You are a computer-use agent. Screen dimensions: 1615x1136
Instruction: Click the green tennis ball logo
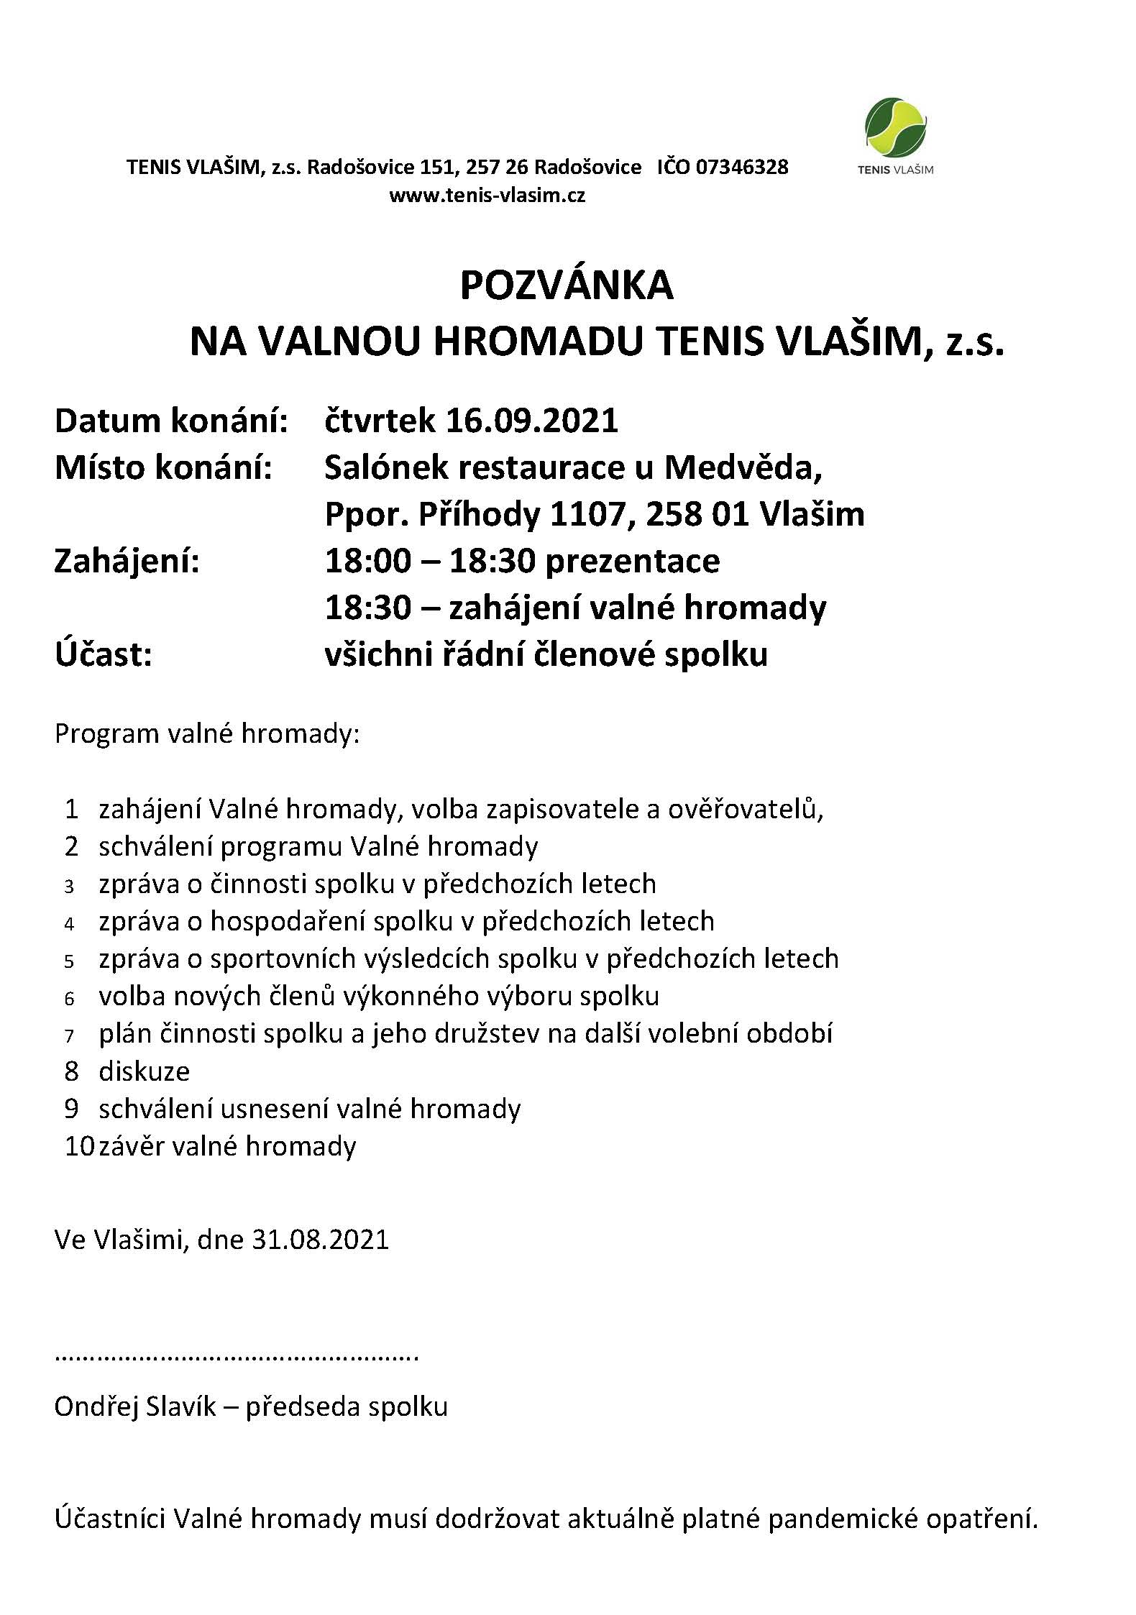pyautogui.click(x=894, y=128)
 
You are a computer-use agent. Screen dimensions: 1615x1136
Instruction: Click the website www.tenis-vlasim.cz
pyautogui.click(x=487, y=195)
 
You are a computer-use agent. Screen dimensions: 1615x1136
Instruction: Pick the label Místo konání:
pyautogui.click(x=163, y=468)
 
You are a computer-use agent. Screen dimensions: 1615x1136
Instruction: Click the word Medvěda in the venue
pyautogui.click(x=743, y=468)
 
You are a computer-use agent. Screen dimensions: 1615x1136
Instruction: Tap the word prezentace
pyautogui.click(x=633, y=561)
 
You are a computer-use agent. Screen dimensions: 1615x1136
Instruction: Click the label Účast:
pyautogui.click(x=103, y=654)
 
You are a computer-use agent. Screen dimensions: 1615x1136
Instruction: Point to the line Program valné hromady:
pyautogui.click(x=207, y=734)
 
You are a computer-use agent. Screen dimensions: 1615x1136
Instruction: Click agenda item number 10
pyautogui.click(x=79, y=1146)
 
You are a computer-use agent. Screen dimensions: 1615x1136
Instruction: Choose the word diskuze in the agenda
pyautogui.click(x=145, y=1071)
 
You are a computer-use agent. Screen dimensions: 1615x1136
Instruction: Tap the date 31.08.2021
pyautogui.click(x=321, y=1240)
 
